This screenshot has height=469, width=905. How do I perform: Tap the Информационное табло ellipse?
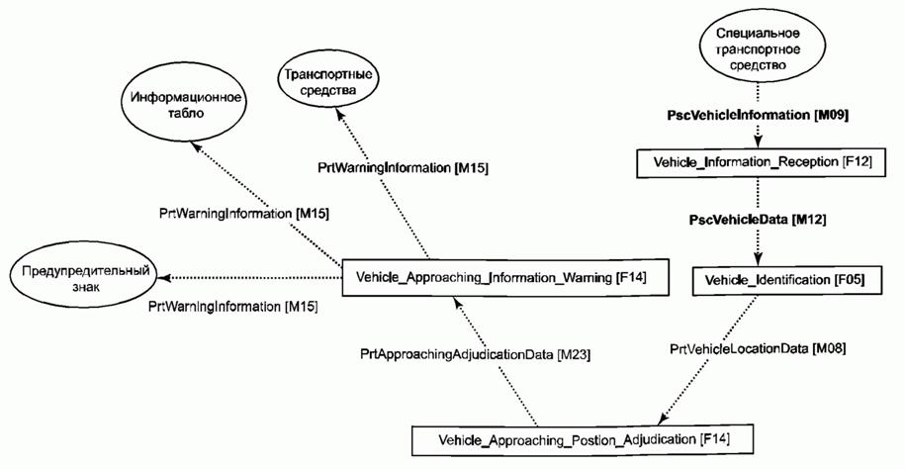tap(186, 105)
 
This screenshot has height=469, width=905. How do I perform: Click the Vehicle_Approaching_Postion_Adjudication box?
tap(571, 436)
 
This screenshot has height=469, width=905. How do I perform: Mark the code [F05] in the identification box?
tap(848, 280)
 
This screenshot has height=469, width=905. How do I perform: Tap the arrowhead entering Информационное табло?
tap(201, 148)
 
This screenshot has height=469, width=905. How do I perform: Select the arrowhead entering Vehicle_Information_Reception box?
tap(756, 141)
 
